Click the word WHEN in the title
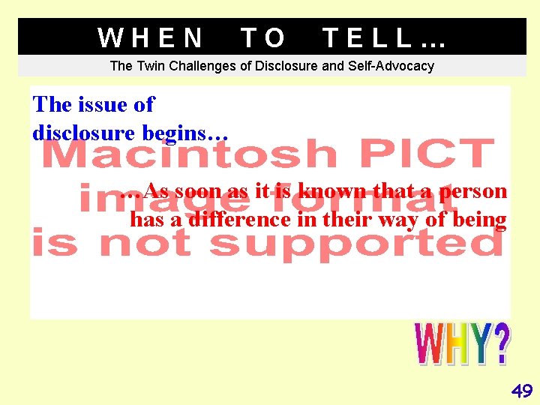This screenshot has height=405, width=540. (x=151, y=37)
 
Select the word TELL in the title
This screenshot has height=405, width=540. (x=368, y=37)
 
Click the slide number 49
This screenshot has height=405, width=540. (x=521, y=390)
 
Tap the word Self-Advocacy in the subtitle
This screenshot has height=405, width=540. (x=391, y=66)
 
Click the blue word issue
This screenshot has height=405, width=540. (x=96, y=105)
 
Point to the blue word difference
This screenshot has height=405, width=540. (x=228, y=220)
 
